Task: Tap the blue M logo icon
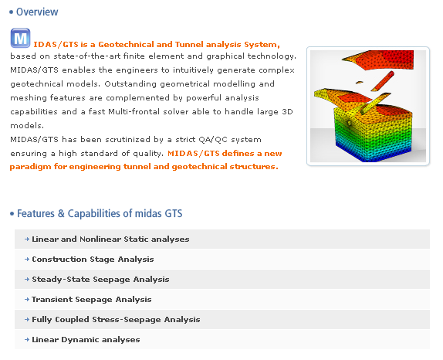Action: point(21,39)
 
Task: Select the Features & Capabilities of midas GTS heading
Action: point(99,213)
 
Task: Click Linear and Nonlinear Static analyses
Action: point(110,239)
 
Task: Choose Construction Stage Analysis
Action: point(93,260)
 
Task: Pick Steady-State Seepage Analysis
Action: point(100,280)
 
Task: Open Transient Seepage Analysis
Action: point(92,300)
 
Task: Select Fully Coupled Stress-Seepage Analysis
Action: point(116,320)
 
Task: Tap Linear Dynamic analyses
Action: point(86,340)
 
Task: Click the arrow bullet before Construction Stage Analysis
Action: point(27,260)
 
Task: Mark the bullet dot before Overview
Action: point(12,12)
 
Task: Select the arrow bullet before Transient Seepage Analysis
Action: point(27,300)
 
